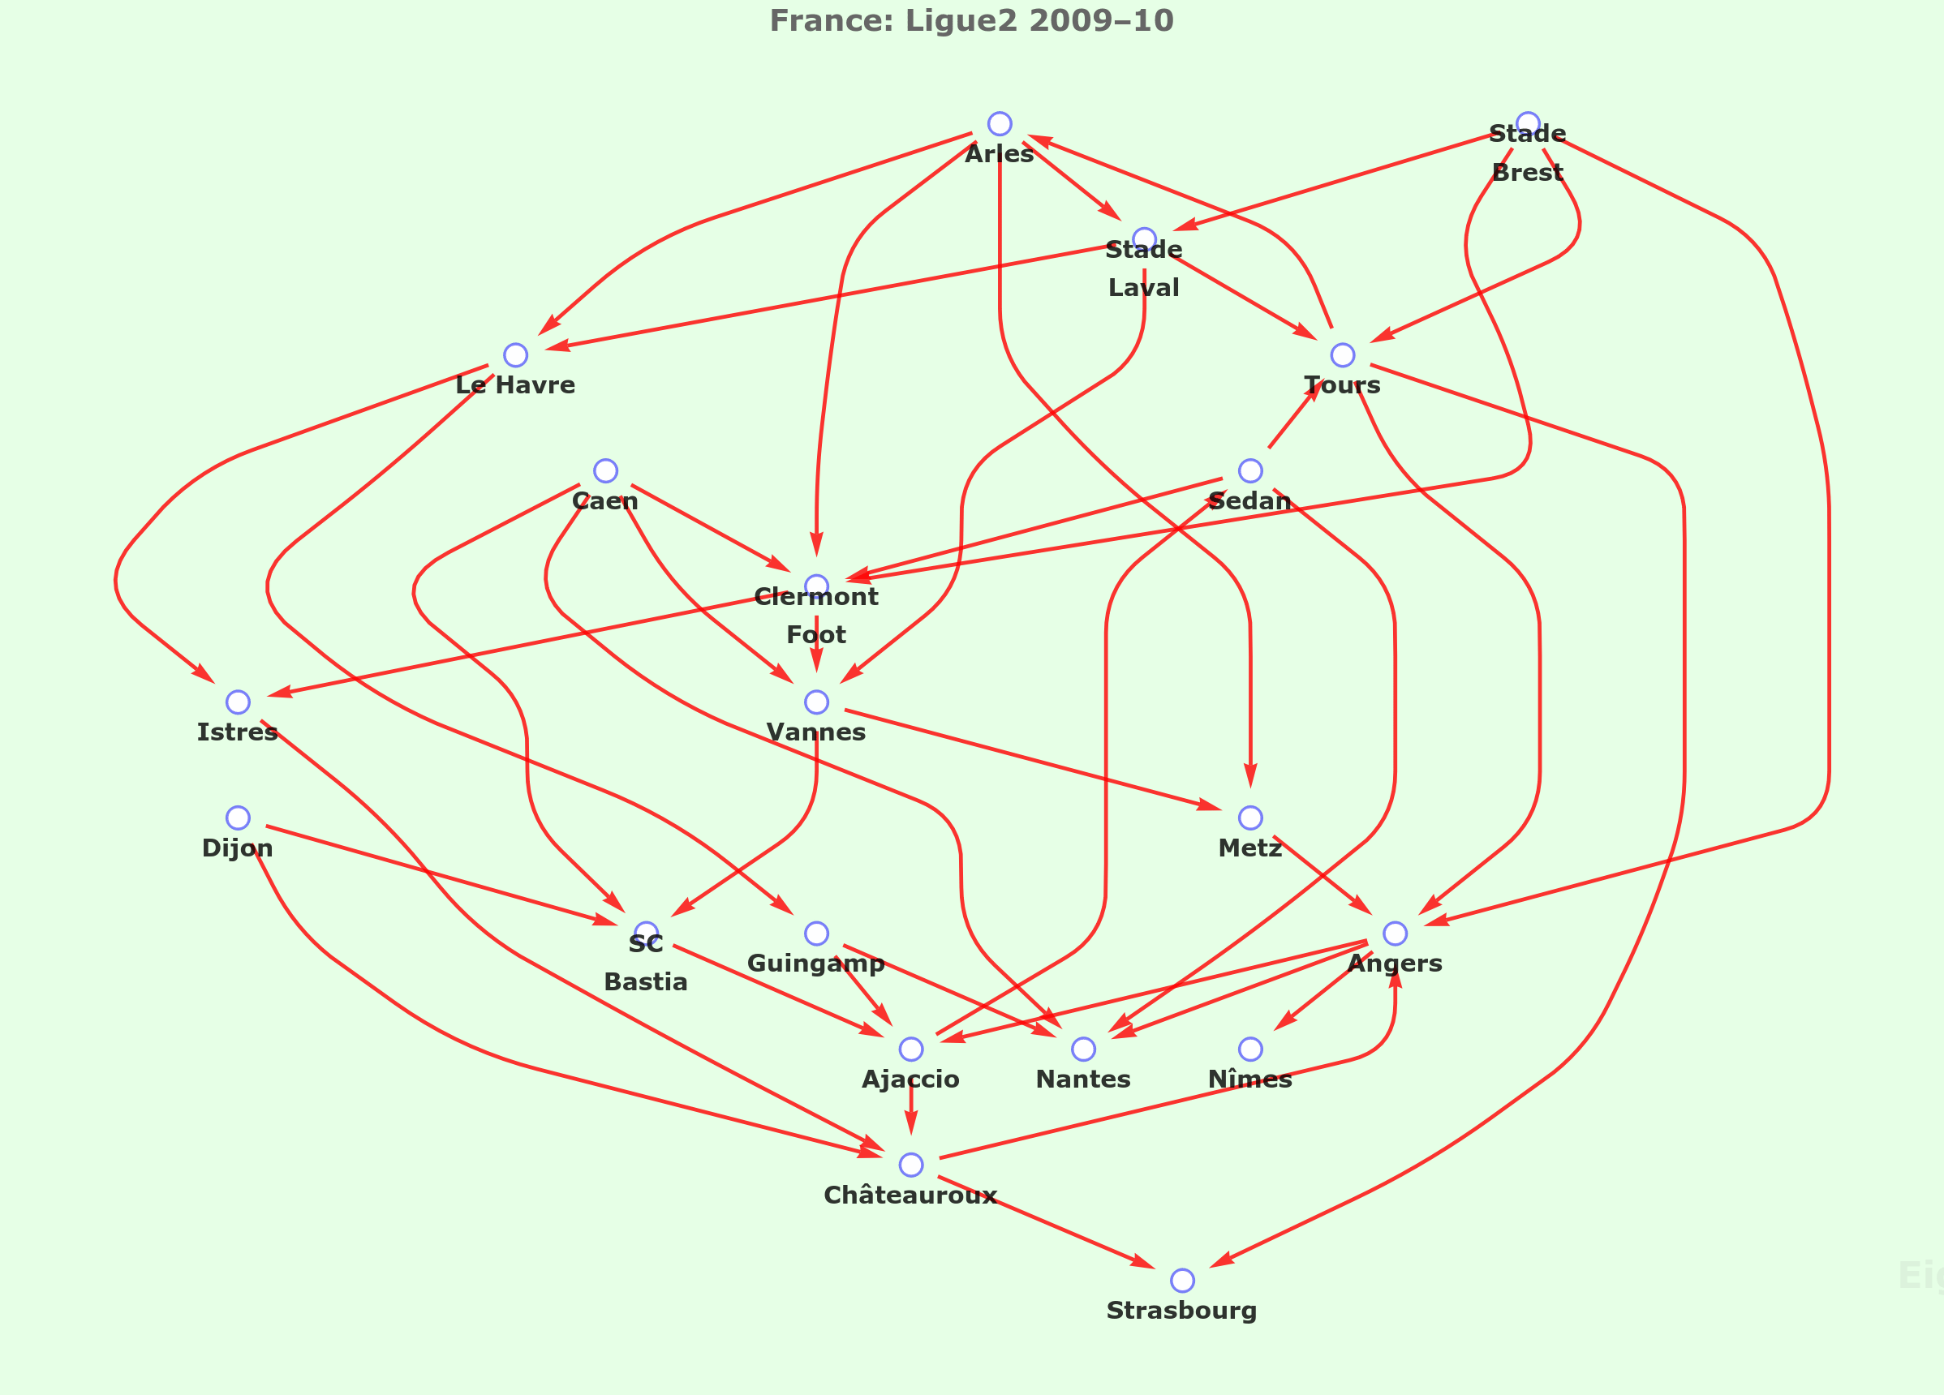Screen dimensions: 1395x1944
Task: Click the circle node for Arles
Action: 1000,123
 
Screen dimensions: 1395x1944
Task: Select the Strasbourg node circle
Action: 1182,1280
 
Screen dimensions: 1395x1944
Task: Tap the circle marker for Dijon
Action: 238,818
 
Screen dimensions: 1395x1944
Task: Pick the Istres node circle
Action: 238,702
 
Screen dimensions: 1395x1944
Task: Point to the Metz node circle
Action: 1250,818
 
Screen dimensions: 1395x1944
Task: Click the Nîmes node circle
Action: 1250,1049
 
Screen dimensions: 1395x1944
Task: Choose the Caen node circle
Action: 605,470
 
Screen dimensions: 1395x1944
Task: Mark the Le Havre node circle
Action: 515,354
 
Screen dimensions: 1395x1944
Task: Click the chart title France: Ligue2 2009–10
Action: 971,20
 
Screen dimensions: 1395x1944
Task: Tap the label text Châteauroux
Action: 910,1195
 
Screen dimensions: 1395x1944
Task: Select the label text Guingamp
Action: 816,964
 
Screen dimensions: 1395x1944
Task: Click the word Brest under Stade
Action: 1528,172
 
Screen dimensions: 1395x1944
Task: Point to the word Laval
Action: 1143,288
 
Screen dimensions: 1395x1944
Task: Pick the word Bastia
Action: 645,982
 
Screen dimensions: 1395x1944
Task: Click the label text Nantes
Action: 1083,1079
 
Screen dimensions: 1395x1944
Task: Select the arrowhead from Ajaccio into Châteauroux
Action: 911,1125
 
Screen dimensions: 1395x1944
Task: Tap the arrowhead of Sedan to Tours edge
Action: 1310,394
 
